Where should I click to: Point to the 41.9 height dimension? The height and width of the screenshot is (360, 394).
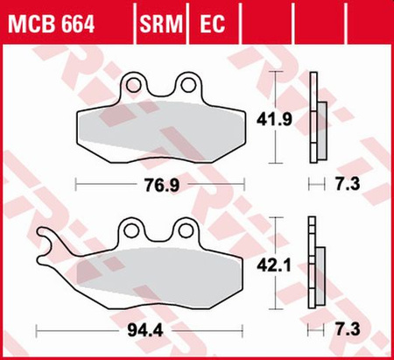point(297,116)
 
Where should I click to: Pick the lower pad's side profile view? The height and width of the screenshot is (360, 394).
point(316,272)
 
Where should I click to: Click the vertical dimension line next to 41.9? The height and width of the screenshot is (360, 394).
point(278,117)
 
